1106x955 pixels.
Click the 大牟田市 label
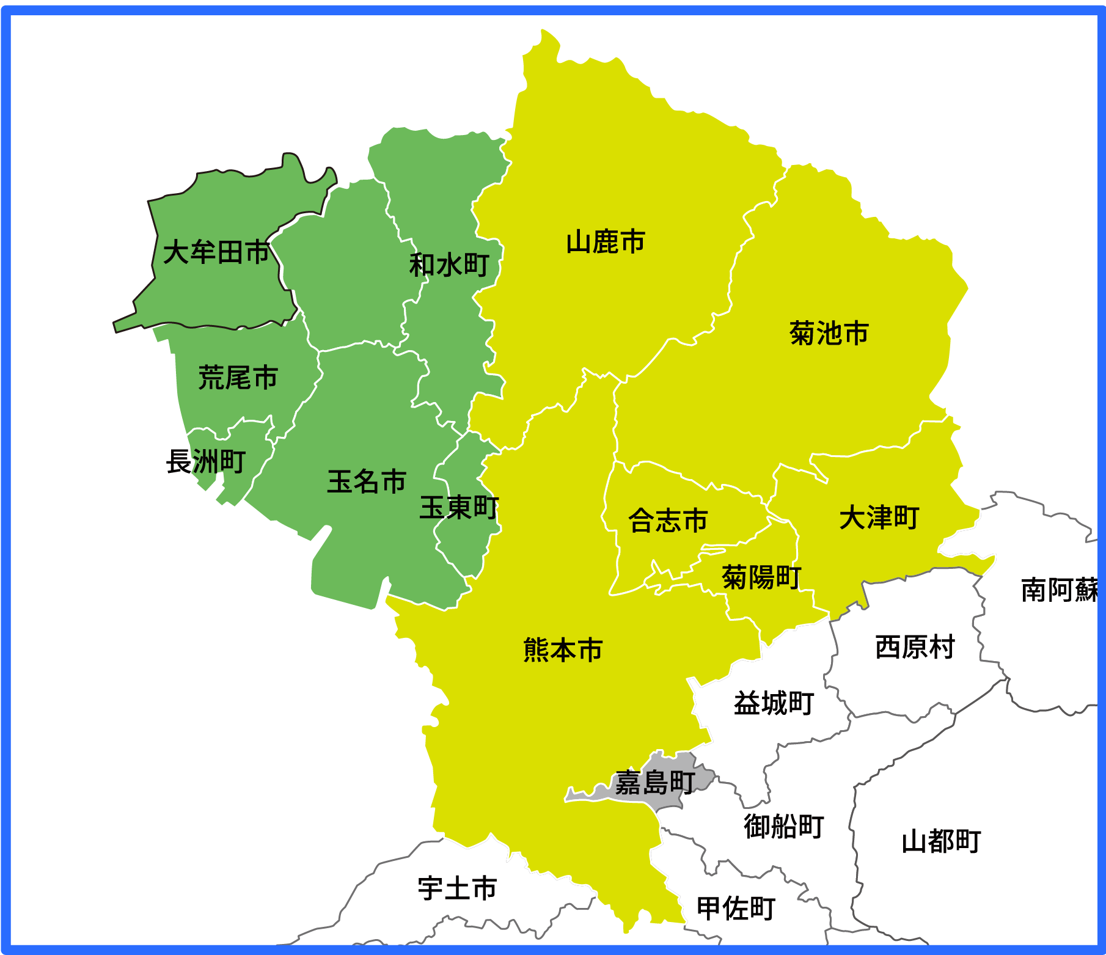click(x=216, y=252)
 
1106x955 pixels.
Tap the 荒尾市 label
click(x=238, y=378)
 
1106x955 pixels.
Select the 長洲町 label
click(x=206, y=461)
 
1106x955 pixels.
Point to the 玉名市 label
click(x=367, y=481)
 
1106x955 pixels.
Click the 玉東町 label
click(x=459, y=508)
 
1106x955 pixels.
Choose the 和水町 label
click(x=449, y=265)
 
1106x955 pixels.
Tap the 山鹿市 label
click(x=606, y=242)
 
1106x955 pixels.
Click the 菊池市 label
click(x=829, y=334)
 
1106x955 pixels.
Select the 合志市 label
click(x=668, y=521)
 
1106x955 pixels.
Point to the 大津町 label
click(x=879, y=518)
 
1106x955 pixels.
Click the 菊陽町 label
click(x=761, y=577)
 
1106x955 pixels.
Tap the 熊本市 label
click(x=563, y=650)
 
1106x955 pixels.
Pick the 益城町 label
click(x=774, y=703)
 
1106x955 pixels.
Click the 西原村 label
click(x=915, y=647)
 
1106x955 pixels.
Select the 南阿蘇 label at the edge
click(x=1060, y=590)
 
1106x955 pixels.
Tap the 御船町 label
click(x=784, y=826)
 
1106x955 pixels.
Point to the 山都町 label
click(x=941, y=841)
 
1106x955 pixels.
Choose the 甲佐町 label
click(x=736, y=909)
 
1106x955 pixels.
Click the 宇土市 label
click(x=457, y=888)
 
